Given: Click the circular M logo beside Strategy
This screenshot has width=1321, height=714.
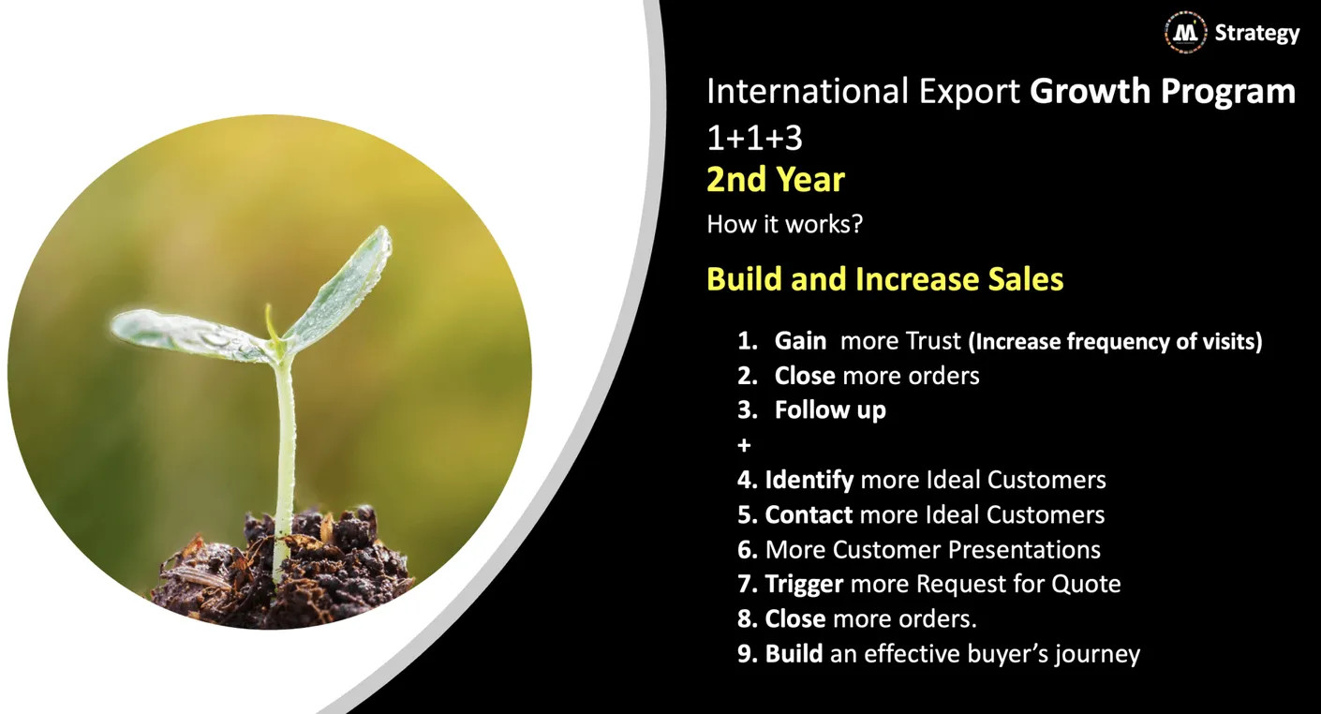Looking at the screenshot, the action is (x=1185, y=33).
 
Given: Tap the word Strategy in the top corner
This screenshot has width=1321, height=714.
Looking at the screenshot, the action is (x=1256, y=33).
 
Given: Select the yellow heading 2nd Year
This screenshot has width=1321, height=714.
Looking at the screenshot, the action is (x=776, y=179).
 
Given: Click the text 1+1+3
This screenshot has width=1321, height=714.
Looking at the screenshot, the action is (x=754, y=138).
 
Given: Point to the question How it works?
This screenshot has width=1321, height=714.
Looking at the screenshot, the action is (x=784, y=224).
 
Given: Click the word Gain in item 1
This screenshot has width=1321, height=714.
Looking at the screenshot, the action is (x=800, y=341).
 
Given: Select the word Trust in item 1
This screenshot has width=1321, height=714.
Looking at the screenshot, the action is (x=933, y=341).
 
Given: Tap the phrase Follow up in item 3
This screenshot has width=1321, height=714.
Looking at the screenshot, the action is (x=830, y=410).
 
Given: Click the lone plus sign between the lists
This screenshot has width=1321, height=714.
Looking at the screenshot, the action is (x=744, y=445).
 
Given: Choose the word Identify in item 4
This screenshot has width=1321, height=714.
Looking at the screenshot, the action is (x=809, y=481).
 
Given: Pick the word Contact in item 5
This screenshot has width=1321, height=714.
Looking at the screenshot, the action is (x=809, y=514).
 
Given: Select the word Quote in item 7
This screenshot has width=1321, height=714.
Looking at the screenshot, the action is (x=1086, y=585).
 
